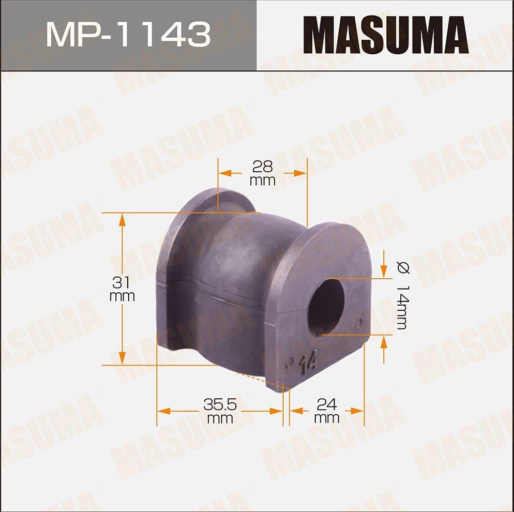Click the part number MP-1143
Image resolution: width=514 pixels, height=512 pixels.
128,35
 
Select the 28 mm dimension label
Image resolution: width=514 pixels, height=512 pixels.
262,173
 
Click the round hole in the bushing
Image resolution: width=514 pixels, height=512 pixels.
326,306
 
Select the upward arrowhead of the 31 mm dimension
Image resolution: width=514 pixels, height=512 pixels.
122,220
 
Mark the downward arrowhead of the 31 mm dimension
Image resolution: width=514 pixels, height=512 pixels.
122,357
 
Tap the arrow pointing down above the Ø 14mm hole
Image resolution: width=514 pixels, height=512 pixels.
384,269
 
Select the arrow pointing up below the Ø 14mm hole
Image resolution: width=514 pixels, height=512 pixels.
384,343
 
